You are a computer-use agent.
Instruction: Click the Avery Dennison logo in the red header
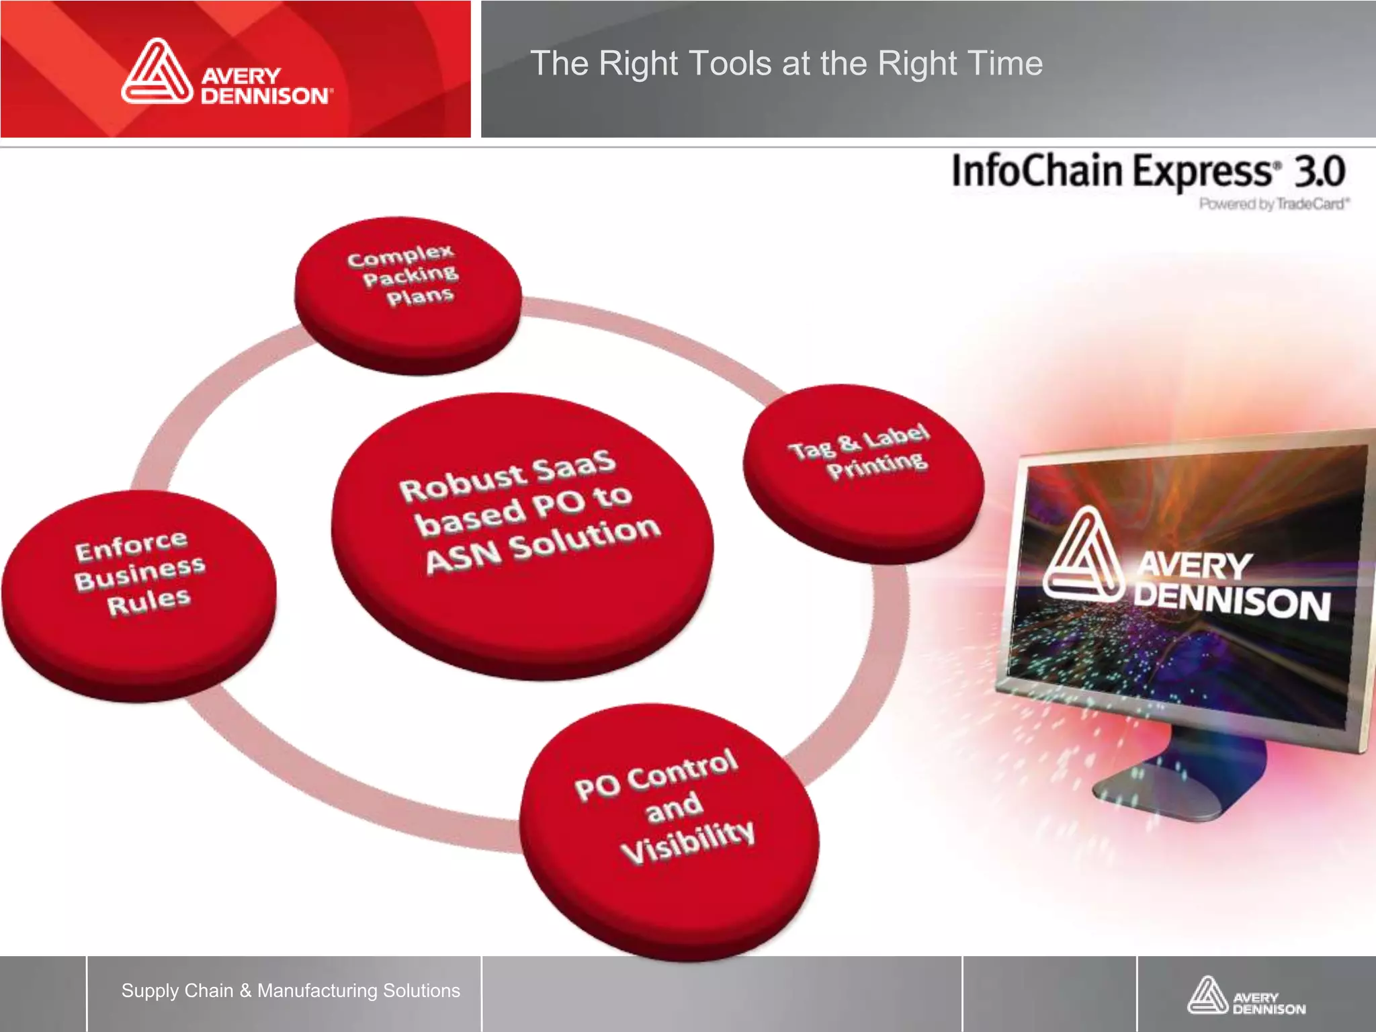click(226, 73)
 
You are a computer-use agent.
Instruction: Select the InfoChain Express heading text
click(1112, 171)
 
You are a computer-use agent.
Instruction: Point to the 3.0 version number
click(1320, 171)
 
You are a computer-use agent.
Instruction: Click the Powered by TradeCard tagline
click(1274, 204)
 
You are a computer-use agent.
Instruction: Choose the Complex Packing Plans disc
click(408, 294)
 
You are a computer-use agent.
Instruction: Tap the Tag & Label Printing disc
click(863, 470)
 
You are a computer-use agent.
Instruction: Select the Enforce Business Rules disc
click(139, 595)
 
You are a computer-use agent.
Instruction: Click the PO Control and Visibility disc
click(669, 830)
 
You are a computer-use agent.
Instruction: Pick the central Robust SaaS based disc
click(523, 534)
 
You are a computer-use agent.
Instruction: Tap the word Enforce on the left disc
click(131, 546)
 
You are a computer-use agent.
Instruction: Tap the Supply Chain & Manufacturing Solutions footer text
click(290, 990)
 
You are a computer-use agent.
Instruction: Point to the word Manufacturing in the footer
click(318, 990)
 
